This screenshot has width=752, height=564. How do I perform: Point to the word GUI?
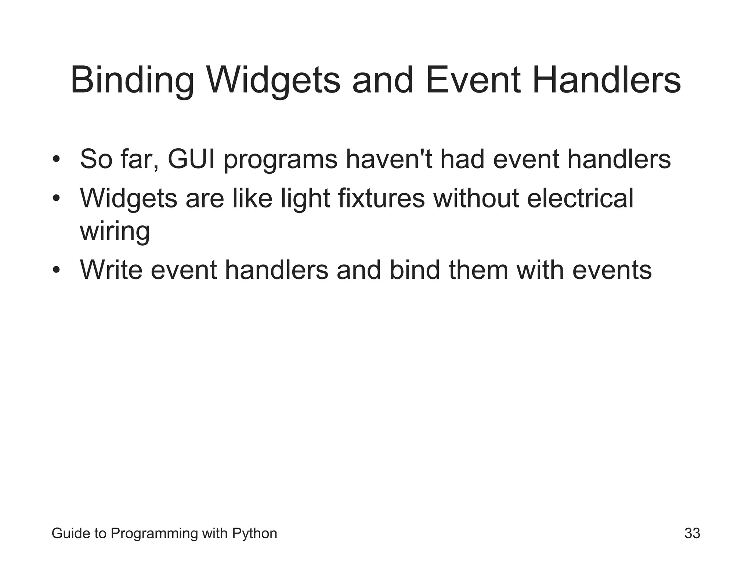191,159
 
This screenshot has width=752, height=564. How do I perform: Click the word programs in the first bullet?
281,160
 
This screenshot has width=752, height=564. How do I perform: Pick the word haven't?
389,159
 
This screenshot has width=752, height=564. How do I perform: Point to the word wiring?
115,231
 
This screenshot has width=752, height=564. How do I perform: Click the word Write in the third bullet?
111,270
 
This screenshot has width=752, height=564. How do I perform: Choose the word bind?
415,270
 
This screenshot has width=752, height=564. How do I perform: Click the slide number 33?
692,534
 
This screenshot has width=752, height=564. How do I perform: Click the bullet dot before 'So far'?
56,160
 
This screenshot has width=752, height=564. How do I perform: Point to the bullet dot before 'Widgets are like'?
56,199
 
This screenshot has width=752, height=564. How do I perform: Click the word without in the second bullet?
476,198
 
